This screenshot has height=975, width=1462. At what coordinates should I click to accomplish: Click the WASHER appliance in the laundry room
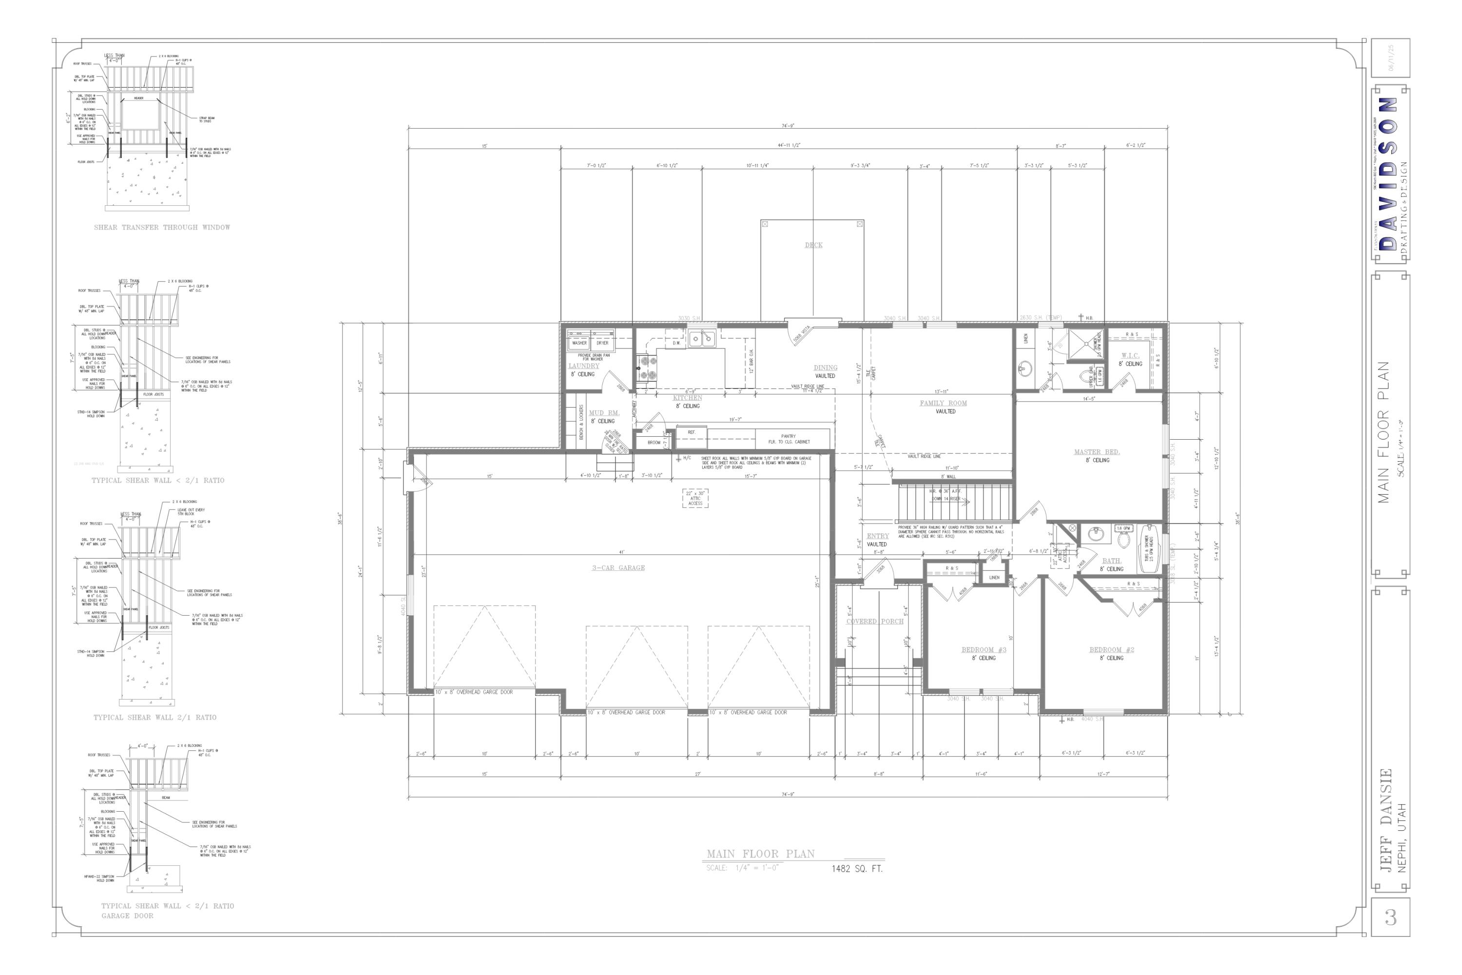[x=579, y=343]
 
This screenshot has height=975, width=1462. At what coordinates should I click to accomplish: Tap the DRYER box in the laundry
[x=602, y=343]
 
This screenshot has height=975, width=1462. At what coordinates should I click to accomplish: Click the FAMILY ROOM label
[x=943, y=403]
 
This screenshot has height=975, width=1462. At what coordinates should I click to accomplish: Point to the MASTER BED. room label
[x=1096, y=452]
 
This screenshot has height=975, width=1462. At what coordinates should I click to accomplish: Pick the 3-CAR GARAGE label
[x=618, y=568]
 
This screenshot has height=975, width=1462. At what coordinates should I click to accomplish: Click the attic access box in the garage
[x=695, y=498]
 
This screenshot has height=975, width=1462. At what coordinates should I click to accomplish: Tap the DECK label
[x=813, y=245]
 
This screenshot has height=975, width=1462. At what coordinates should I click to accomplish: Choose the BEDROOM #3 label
[x=983, y=650]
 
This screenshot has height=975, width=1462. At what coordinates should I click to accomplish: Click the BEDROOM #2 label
[x=1112, y=650]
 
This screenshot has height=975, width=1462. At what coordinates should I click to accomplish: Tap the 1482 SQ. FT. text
[x=857, y=869]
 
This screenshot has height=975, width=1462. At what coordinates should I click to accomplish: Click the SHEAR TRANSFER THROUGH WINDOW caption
[x=162, y=228]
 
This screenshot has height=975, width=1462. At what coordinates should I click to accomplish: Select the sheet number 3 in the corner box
[x=1390, y=917]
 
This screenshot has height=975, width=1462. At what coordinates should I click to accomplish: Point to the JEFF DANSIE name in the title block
[x=1385, y=821]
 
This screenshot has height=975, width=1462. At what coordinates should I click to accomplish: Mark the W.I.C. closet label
[x=1130, y=356]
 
